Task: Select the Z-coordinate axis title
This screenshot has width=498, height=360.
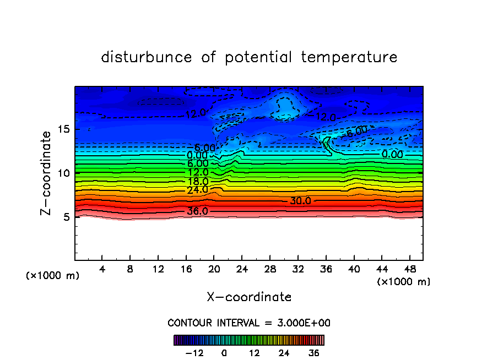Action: tap(47, 173)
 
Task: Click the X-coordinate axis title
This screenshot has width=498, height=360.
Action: tap(249, 297)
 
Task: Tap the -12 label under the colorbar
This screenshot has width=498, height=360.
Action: tap(194, 353)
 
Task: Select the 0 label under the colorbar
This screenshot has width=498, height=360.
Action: tap(224, 353)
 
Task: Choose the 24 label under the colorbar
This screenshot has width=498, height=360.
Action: tap(284, 353)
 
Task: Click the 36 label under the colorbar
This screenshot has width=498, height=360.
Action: tap(314, 353)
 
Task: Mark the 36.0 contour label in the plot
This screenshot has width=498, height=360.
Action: tap(198, 211)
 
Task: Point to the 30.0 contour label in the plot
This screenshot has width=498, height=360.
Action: tap(301, 201)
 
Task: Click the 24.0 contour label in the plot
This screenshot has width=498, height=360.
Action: tap(198, 190)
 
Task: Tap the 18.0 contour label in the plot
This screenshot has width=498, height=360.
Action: tap(198, 181)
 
